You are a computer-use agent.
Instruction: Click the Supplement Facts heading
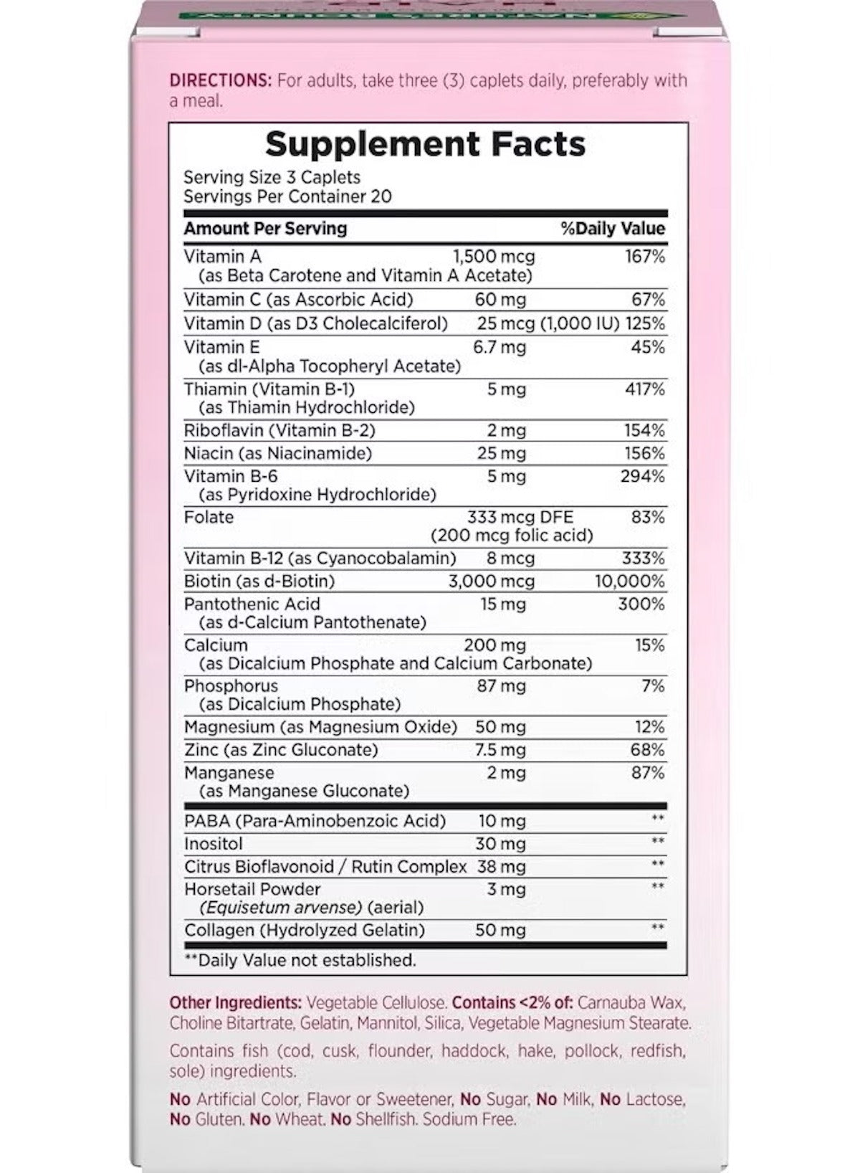[425, 144]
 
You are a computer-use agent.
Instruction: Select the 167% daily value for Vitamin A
[644, 256]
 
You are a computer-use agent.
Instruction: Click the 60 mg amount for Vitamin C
[500, 299]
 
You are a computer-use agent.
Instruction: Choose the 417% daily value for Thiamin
[644, 389]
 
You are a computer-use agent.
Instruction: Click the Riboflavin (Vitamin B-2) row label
[279, 430]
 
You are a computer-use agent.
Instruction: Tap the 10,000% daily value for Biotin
[630, 581]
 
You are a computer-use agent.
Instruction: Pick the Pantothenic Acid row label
[252, 604]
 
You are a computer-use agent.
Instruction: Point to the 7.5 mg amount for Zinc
[500, 750]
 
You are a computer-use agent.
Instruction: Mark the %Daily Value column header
[613, 229]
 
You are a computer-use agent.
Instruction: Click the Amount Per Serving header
[265, 229]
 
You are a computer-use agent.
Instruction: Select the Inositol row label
[214, 843]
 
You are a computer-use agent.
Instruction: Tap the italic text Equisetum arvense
[281, 908]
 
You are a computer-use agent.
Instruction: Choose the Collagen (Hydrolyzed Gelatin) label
[305, 930]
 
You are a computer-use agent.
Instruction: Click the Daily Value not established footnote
[300, 959]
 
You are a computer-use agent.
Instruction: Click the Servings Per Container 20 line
[287, 196]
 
